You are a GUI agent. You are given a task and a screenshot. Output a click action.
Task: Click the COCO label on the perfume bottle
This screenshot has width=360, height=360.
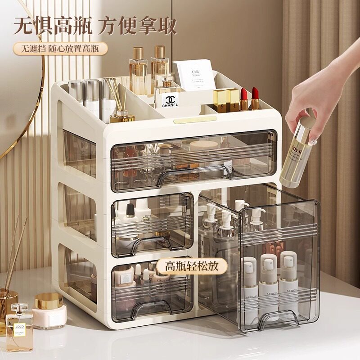point(19,327)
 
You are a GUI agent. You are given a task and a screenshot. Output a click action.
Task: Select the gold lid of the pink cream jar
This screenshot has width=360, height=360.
point(48,301)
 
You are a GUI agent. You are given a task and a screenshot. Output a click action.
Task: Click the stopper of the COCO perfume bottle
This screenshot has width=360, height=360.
point(19,309)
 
